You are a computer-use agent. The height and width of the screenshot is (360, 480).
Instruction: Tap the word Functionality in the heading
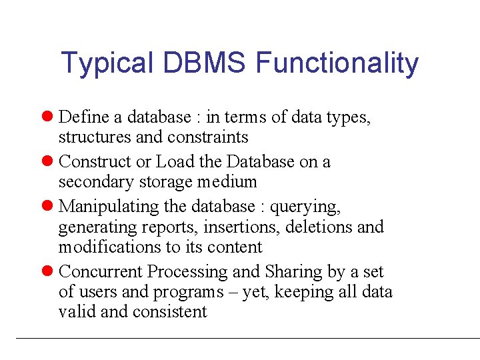point(337,64)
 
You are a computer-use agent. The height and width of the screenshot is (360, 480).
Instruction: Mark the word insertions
point(241,227)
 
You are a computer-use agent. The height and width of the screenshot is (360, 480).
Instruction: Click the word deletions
point(319,227)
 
